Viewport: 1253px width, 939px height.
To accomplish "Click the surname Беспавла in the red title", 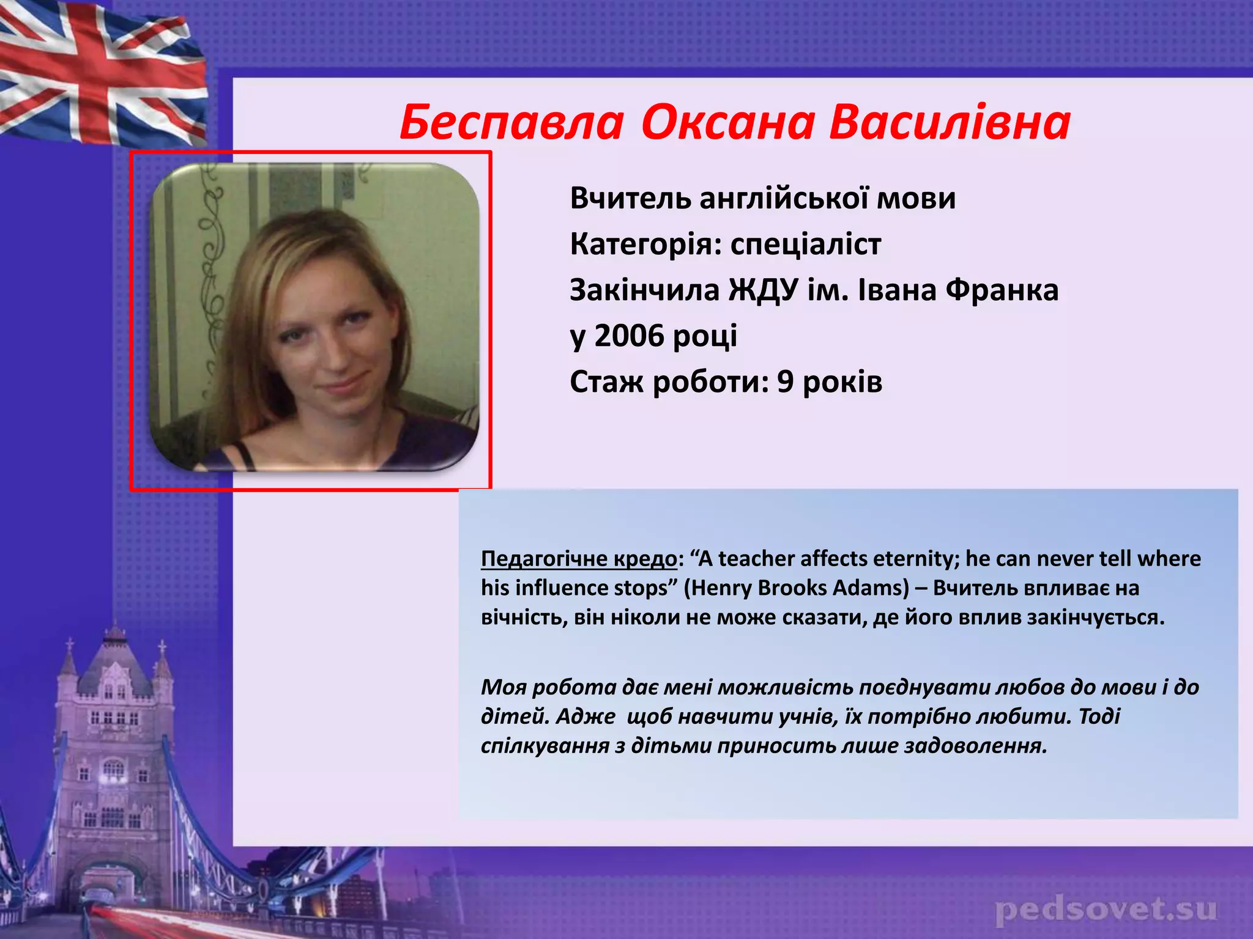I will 511,122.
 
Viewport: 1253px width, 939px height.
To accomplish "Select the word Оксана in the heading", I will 728,122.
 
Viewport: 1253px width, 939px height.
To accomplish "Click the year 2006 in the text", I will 629,336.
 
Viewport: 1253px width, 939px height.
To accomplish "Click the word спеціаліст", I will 806,245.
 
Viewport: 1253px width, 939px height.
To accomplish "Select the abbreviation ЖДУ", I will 763,290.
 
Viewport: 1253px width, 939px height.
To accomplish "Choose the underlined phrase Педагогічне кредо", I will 579,559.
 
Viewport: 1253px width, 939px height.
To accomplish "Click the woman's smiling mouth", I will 346,386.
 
